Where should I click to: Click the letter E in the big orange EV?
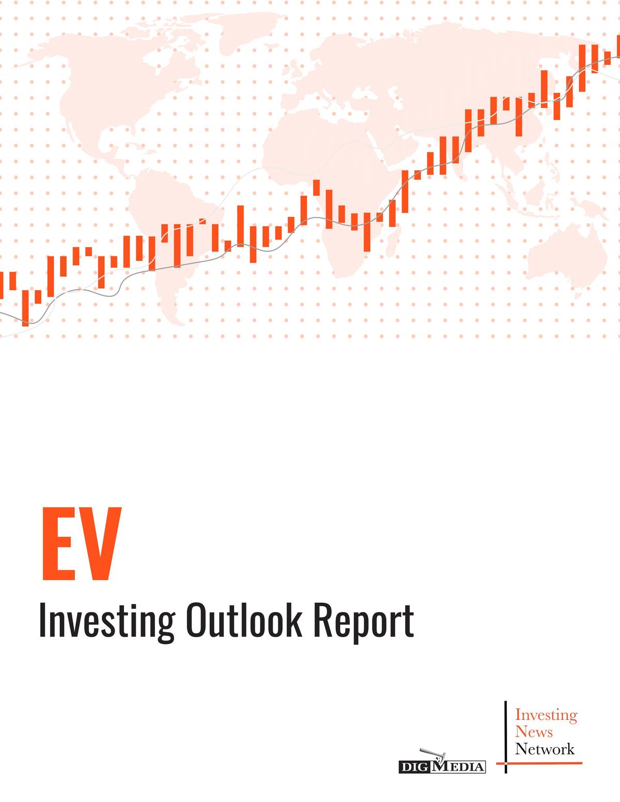tap(59, 543)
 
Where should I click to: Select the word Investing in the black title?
tap(106, 621)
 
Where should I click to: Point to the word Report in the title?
tap(364, 621)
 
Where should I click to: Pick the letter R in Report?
tap(322, 620)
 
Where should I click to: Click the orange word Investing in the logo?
tap(546, 715)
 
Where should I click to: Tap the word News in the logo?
tap(534, 732)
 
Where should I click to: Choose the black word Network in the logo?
tap(545, 749)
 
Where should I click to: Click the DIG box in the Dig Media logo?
tap(414, 767)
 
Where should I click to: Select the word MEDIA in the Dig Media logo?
tap(458, 767)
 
